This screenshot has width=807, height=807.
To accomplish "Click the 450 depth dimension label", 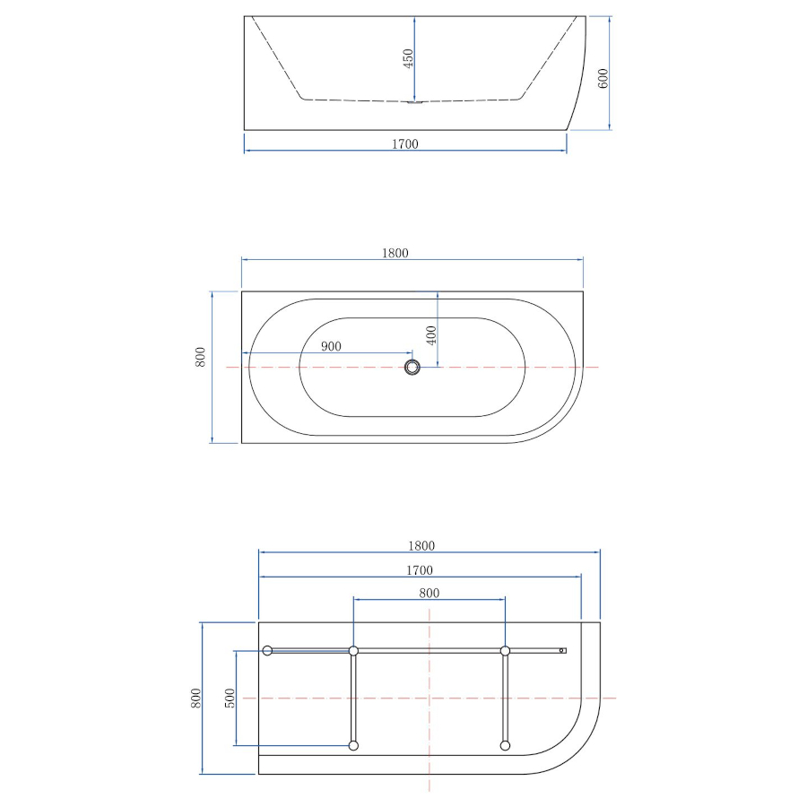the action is (x=408, y=58).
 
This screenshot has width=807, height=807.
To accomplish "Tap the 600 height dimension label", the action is (x=603, y=78).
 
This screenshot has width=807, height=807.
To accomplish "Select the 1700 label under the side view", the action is (x=405, y=144).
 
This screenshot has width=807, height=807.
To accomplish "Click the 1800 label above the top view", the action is (x=395, y=253).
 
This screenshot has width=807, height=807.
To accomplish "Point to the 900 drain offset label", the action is (x=331, y=346).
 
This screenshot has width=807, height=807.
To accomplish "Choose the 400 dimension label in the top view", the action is (x=431, y=335).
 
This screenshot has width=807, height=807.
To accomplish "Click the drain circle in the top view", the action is (x=412, y=367).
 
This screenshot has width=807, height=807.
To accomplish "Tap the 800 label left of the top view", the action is (x=200, y=357).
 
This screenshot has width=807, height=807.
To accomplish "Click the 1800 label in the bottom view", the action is (x=421, y=545).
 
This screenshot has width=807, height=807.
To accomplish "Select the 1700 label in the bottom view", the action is (x=420, y=570).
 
